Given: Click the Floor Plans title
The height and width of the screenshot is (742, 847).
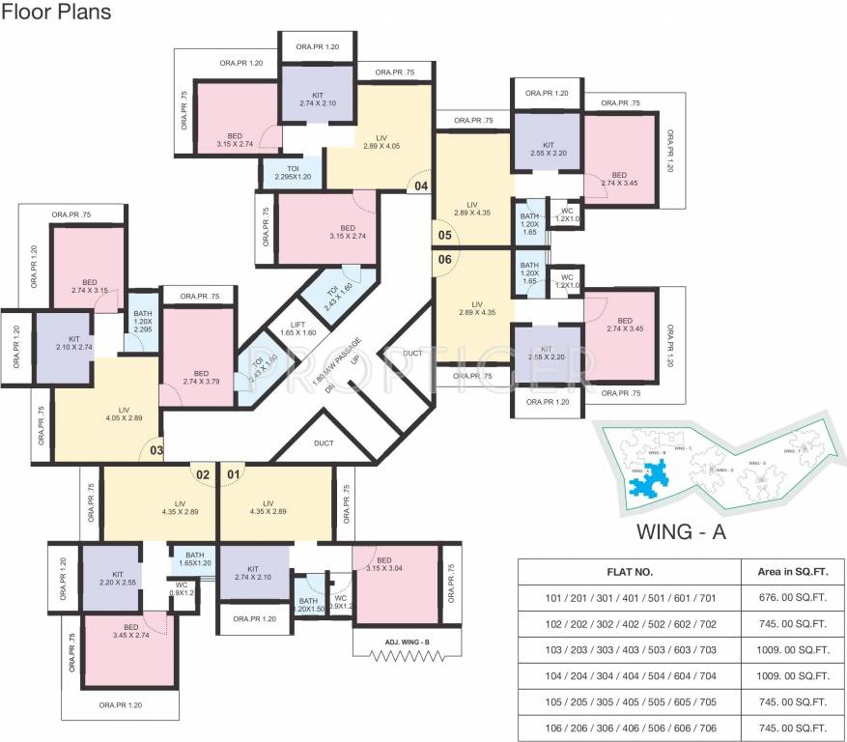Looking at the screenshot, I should pyautogui.click(x=57, y=13).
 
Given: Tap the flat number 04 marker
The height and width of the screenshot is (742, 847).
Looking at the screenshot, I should pyautogui.click(x=421, y=185).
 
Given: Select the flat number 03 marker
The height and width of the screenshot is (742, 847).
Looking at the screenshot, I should pyautogui.click(x=155, y=450).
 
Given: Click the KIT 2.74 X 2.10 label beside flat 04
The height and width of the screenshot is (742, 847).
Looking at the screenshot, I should pyautogui.click(x=317, y=99).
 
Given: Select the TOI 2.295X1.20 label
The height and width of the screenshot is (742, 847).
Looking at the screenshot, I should pyautogui.click(x=293, y=173).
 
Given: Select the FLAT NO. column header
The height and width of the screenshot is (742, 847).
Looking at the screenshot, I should pyautogui.click(x=630, y=572).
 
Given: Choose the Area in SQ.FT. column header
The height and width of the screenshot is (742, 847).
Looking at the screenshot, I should pyautogui.click(x=791, y=572).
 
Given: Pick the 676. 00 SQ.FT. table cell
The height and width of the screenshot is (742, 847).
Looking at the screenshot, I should pyautogui.click(x=791, y=599).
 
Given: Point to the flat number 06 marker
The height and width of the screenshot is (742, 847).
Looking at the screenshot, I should pyautogui.click(x=444, y=259).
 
